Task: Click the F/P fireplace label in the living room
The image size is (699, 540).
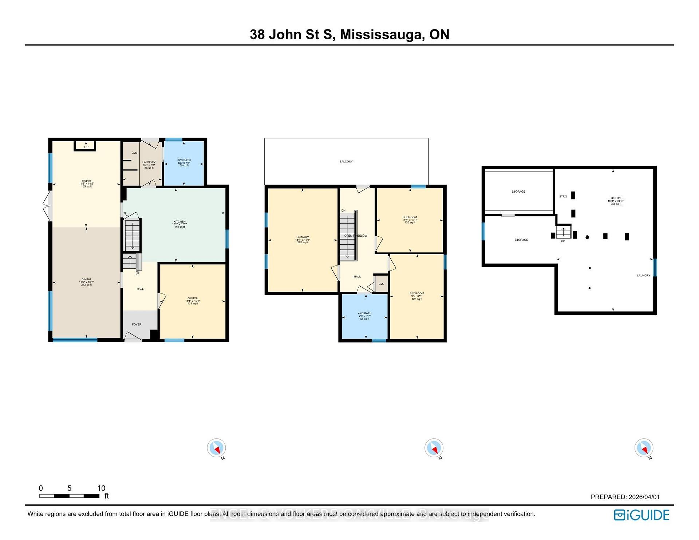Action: coord(86,147)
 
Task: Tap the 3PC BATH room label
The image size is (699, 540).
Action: coord(184,160)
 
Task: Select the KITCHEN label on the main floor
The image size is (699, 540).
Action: coord(179,222)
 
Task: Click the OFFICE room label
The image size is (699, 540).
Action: coord(193,298)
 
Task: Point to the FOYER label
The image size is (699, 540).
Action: coord(137,324)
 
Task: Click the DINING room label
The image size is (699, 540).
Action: coord(86,279)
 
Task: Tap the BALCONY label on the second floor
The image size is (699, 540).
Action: coord(346,161)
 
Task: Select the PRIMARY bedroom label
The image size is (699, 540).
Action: coord(303,237)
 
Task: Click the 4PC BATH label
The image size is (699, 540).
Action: coord(364,313)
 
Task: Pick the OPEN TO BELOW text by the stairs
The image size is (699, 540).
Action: coord(356,236)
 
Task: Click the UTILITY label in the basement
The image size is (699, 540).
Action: coord(616,198)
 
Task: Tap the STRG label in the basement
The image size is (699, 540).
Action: coord(563,196)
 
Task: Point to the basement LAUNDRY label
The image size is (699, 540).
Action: coord(643,275)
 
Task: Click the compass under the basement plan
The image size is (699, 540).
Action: coord(644,448)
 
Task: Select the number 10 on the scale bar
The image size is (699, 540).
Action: coord(101,488)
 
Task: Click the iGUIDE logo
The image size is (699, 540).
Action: coord(641,515)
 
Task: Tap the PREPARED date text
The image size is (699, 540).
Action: coord(625,497)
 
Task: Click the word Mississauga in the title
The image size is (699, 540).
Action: coord(382,35)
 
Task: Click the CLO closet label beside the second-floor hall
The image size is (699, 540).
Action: coord(381,284)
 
